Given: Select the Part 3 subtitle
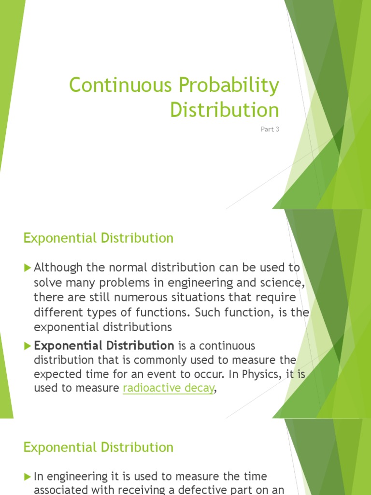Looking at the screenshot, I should (x=270, y=129).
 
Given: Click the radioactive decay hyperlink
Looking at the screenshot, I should (x=168, y=388).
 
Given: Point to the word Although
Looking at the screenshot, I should (x=58, y=268).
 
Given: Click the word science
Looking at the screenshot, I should (x=286, y=282).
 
